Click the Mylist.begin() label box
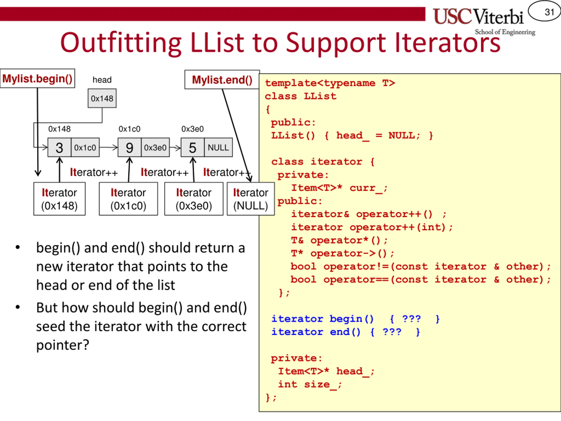pos(37,79)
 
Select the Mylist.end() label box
pos(222,80)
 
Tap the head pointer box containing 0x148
pos(102,98)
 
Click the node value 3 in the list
pos(59,148)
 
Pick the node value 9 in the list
pos(129,148)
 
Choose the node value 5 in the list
pos(192,148)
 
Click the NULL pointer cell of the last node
pos(218,148)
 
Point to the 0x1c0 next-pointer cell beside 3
pos(85,148)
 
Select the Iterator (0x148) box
pos(59,199)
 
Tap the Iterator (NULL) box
pos(250,199)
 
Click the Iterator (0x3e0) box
pos(194,199)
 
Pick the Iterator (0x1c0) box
pos(128,199)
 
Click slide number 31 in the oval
pos(549,12)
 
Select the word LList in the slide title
pos(217,43)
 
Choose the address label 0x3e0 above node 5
pos(192,129)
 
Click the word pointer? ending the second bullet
pos(63,345)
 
